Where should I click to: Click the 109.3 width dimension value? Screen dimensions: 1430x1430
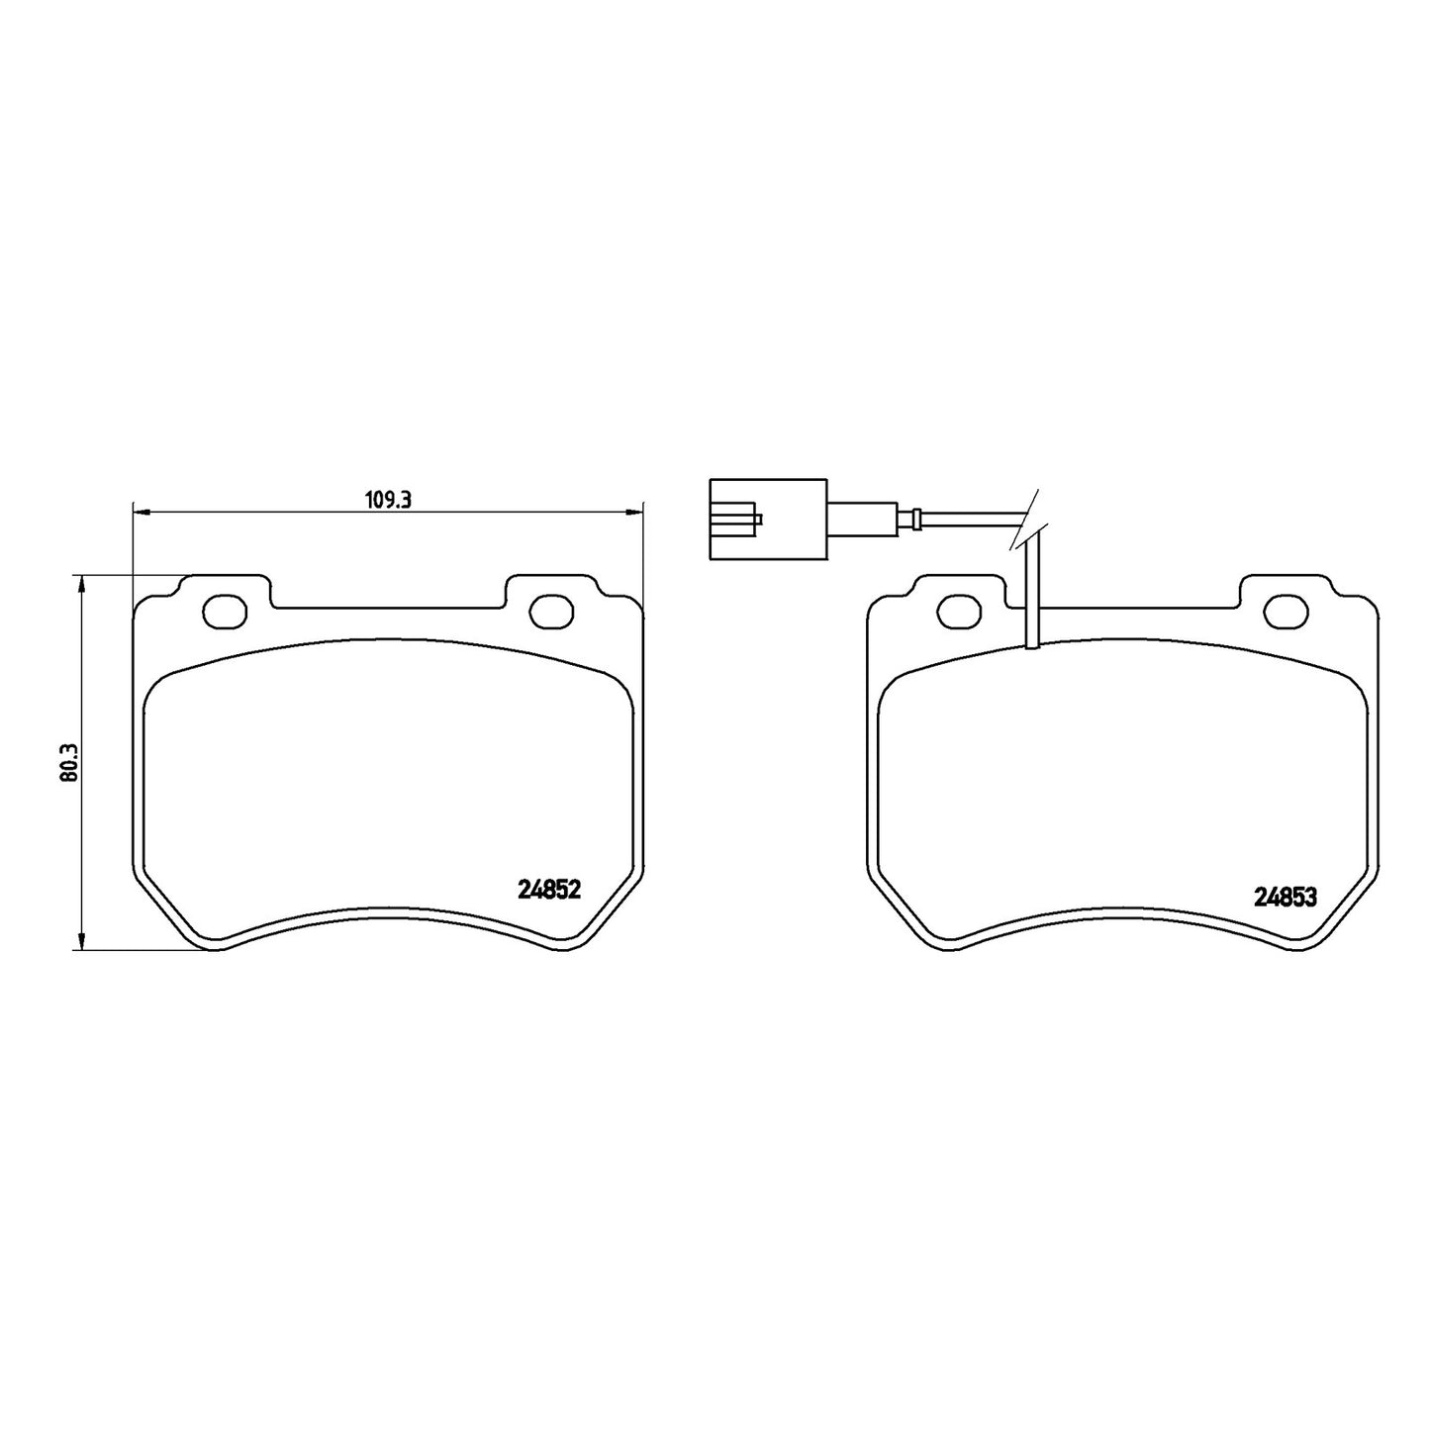point(388,500)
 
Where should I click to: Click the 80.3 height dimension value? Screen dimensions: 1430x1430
point(69,761)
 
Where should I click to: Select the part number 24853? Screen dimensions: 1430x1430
point(1286,898)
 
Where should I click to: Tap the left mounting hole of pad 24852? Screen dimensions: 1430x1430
point(224,611)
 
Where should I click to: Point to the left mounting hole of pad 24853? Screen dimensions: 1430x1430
point(959,611)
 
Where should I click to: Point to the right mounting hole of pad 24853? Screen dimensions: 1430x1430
point(1287,611)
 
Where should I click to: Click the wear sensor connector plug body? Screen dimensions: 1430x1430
point(768,519)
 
